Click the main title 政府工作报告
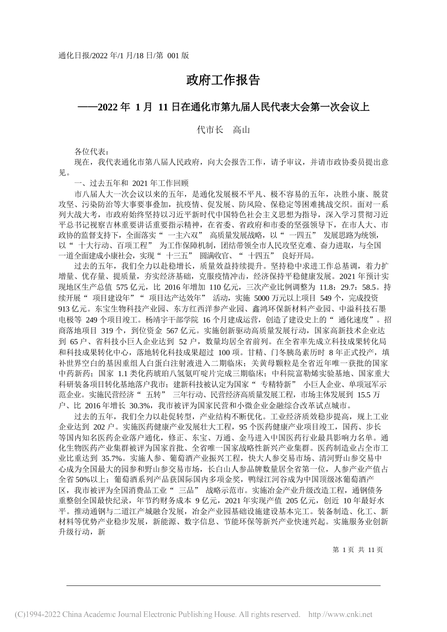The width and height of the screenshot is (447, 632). click(x=223, y=80)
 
